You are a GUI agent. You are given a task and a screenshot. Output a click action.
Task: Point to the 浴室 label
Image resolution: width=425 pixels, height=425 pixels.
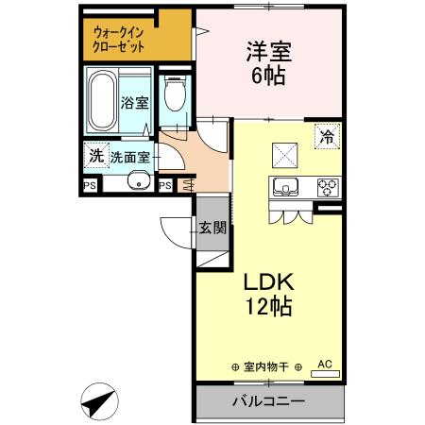tap(134, 103)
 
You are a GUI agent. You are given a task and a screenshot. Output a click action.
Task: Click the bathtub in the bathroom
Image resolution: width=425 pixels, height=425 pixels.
tap(101, 102)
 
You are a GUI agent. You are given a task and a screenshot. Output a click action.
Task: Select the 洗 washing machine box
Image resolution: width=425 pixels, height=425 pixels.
tap(95, 155)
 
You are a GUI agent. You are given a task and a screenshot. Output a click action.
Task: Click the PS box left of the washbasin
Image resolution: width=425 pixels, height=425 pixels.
tap(91, 185)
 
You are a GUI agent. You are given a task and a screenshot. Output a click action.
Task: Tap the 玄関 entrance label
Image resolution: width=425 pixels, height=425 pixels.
tap(212, 228)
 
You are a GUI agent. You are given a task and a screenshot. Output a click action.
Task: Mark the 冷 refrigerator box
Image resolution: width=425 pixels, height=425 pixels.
tap(327, 135)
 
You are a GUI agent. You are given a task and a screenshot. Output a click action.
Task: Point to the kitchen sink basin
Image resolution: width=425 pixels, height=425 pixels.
tap(287, 186)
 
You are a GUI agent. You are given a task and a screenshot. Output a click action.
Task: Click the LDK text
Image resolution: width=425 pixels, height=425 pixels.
tap(271, 282)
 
